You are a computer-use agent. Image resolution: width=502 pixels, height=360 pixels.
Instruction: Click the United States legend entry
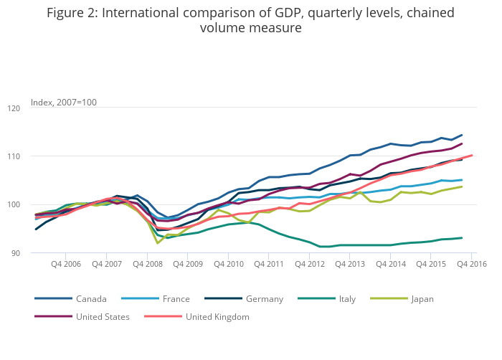[101, 316]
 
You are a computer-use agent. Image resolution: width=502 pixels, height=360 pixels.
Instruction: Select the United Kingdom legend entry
[217, 316]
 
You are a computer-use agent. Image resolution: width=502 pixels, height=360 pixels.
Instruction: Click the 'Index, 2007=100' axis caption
[64, 103]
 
